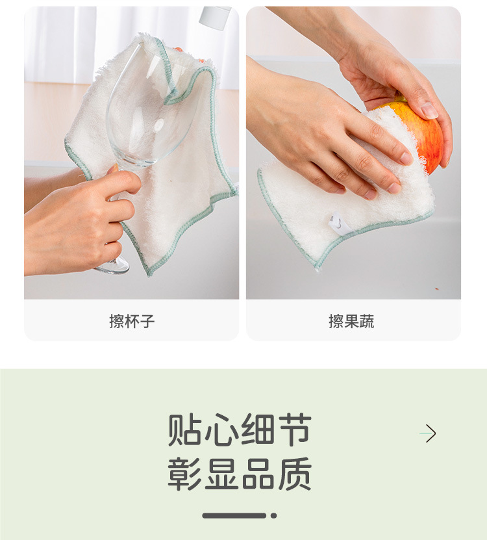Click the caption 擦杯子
(x=132, y=321)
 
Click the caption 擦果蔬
(x=351, y=321)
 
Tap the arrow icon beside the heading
(x=428, y=433)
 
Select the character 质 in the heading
(x=294, y=474)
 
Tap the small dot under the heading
(x=274, y=515)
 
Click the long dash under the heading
(x=234, y=515)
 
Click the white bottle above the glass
(x=215, y=17)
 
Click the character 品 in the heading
(x=258, y=474)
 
